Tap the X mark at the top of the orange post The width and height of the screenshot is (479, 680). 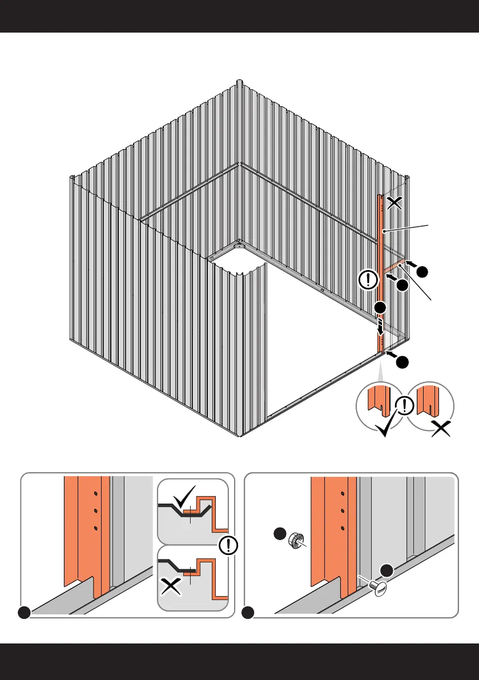(393, 202)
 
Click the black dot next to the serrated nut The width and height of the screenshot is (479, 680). (279, 534)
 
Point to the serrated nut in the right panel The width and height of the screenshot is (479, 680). (296, 540)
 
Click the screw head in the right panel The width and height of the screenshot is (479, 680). (378, 587)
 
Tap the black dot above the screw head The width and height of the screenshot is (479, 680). (387, 569)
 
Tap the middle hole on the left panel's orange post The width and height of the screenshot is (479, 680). (96, 510)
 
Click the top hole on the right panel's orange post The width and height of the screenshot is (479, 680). (342, 494)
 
